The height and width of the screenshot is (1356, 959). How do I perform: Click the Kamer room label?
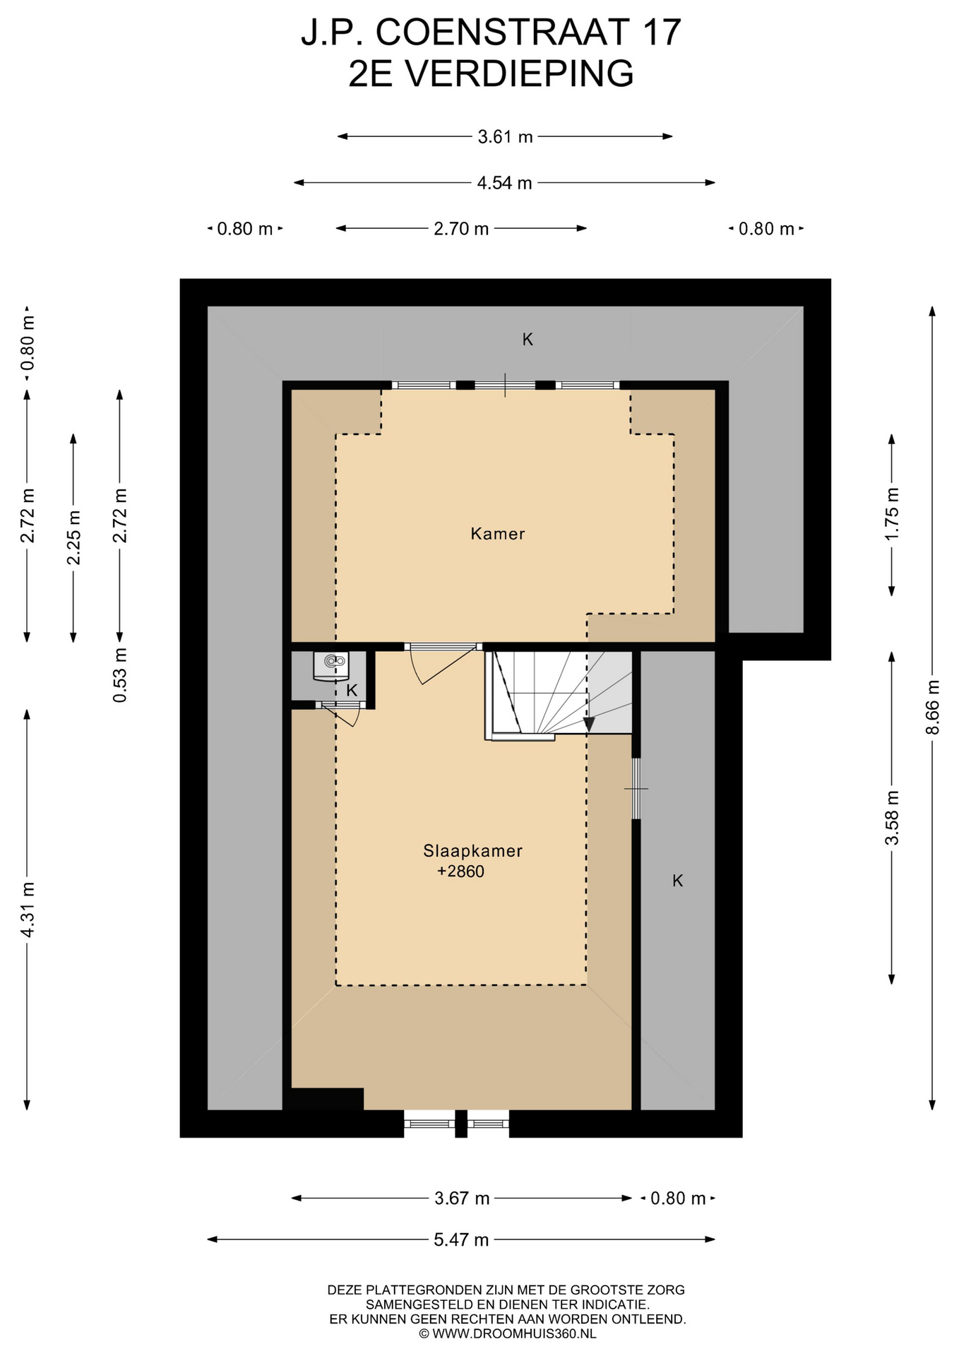click(498, 534)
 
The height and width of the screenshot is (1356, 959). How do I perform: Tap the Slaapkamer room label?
click(473, 851)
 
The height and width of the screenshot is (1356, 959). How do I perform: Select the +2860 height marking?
click(461, 872)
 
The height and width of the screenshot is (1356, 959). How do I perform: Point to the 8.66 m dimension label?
click(933, 707)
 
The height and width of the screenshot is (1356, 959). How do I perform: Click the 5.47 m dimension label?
click(461, 1239)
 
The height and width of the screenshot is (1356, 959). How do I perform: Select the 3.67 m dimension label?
click(462, 1199)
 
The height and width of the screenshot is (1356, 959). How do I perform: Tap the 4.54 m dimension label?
click(505, 183)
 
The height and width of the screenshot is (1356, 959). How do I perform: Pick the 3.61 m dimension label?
click(505, 137)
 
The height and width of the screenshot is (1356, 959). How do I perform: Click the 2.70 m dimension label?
click(461, 229)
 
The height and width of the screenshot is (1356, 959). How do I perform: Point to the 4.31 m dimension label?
click(27, 910)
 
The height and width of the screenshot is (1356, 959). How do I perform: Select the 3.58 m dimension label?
click(892, 818)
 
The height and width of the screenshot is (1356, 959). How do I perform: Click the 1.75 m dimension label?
click(892, 514)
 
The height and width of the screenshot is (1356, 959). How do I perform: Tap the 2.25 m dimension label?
click(73, 537)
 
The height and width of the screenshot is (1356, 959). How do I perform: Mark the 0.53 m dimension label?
click(120, 675)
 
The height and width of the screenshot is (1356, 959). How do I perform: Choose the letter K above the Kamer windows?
click(528, 340)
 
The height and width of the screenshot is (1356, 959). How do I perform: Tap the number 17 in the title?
click(661, 32)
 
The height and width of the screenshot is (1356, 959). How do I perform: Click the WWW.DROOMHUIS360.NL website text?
click(514, 1333)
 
